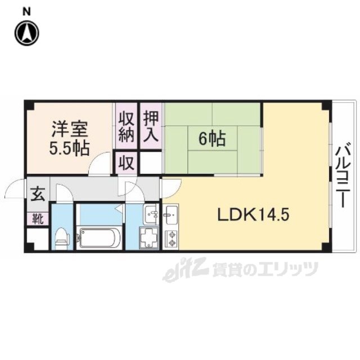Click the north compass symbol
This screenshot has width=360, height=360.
(x=27, y=33)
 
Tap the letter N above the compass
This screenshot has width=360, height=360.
(x=27, y=11)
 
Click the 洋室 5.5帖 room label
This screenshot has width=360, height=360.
(x=69, y=138)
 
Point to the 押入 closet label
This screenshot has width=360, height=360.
(x=151, y=127)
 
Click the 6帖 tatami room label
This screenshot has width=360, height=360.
(x=212, y=139)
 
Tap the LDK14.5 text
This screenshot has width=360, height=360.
(x=253, y=215)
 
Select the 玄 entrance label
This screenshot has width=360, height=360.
(x=38, y=193)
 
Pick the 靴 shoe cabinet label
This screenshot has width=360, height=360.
(x=38, y=219)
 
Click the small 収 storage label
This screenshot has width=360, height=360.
(x=127, y=163)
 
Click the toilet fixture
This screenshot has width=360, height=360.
(x=62, y=238)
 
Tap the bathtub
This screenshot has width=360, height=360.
(x=99, y=237)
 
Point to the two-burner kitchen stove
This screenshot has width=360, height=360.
(x=172, y=238)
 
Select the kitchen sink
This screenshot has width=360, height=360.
(x=170, y=215)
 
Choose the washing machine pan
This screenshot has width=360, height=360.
(x=148, y=238)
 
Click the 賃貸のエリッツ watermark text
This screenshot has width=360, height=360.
(x=265, y=269)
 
